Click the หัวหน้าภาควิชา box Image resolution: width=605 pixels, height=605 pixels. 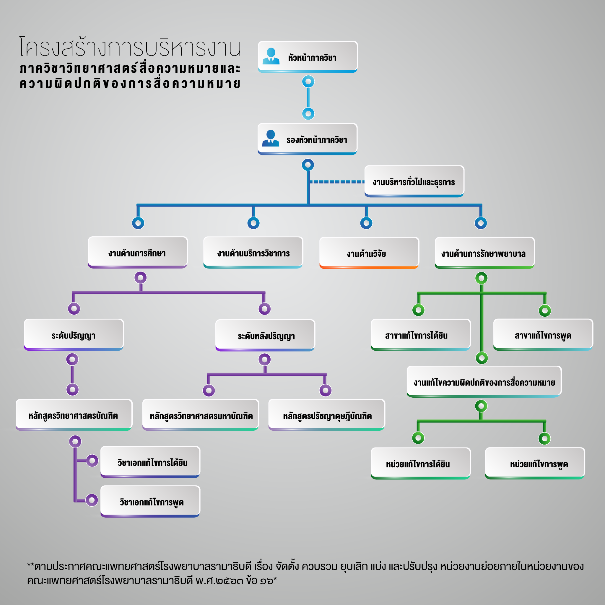click(308, 57)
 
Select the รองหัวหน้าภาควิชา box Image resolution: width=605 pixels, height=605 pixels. click(307, 139)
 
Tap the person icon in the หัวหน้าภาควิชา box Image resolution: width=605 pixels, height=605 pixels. click(271, 56)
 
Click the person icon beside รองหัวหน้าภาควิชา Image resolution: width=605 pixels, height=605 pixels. click(271, 139)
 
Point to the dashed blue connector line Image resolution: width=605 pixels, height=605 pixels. click(337, 182)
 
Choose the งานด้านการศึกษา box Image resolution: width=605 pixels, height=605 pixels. click(138, 252)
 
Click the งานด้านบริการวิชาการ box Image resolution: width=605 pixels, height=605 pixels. click(253, 252)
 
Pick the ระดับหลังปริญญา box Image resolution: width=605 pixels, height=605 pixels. click(265, 335)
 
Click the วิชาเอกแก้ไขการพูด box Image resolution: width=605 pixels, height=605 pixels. click(150, 501)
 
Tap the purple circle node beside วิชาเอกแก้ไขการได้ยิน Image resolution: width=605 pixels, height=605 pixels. click(92, 461)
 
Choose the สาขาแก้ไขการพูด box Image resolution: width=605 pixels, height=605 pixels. click(543, 335)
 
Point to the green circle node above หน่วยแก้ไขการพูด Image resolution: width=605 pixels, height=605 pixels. click(544, 438)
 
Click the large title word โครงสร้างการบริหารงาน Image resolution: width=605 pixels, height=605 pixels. click(130, 47)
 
